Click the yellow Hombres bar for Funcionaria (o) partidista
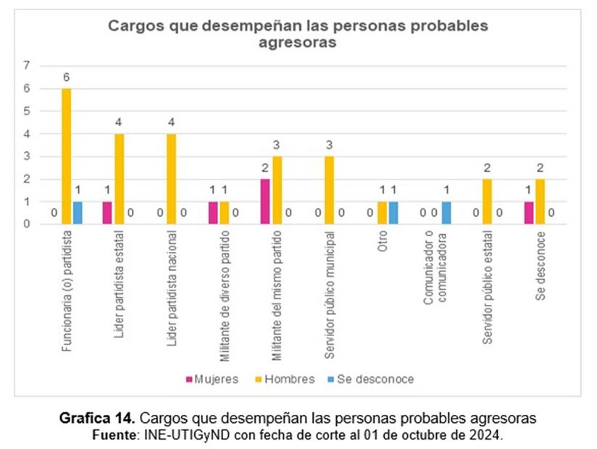pyautogui.click(x=67, y=156)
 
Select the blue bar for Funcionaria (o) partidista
pyautogui.click(x=78, y=213)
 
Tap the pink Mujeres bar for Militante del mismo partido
pyautogui.click(x=266, y=201)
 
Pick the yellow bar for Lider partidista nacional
pyautogui.click(x=172, y=179)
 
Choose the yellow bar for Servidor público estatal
pyautogui.click(x=487, y=201)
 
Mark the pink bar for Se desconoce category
pyautogui.click(x=528, y=213)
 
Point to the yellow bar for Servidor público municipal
pyautogui.click(x=330, y=190)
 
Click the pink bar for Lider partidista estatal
pyautogui.click(x=108, y=213)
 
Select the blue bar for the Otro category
pyautogui.click(x=393, y=213)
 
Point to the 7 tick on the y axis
pyautogui.click(x=27, y=66)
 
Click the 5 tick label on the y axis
pyautogui.click(x=27, y=111)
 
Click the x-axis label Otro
pyautogui.click(x=383, y=243)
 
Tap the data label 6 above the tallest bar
pyautogui.click(x=67, y=77)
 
